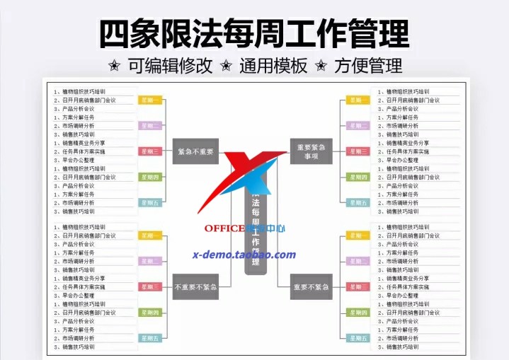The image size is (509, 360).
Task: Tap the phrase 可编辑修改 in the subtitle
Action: pyautogui.click(x=170, y=66)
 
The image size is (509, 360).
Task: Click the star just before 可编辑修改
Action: pyautogui.click(x=114, y=66)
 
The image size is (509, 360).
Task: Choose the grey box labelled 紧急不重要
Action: pyautogui.click(x=195, y=151)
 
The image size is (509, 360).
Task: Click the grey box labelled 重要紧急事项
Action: pyautogui.click(x=311, y=151)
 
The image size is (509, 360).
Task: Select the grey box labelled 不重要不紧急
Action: pyautogui.click(x=195, y=286)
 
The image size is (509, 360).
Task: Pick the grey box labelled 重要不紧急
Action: pyautogui.click(x=311, y=286)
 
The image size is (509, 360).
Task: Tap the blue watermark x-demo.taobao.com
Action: pyautogui.click(x=244, y=255)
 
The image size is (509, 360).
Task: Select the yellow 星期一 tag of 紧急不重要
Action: pyautogui.click(x=149, y=100)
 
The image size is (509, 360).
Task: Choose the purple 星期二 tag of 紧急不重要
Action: pyautogui.click(x=149, y=126)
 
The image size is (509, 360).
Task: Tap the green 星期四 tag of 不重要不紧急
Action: pyautogui.click(x=149, y=312)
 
